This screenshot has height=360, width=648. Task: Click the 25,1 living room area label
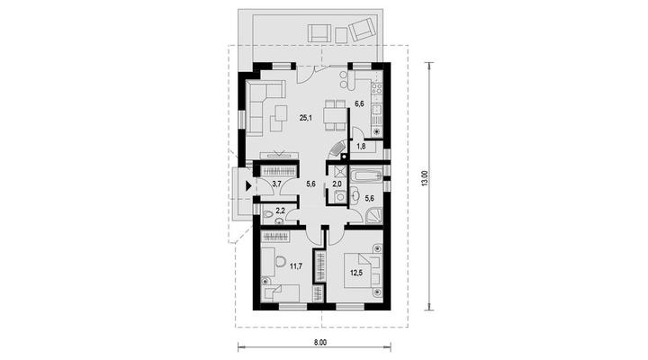tap(306, 118)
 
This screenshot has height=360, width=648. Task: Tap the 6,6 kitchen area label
tap(359, 103)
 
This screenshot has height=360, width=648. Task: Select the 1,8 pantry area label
tap(361, 146)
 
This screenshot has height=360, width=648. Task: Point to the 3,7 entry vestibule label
tap(277, 184)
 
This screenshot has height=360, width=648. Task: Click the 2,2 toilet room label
tap(280, 211)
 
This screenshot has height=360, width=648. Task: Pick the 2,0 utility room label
tap(337, 184)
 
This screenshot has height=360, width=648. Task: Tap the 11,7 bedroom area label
tap(295, 266)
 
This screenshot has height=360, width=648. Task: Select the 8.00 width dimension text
tap(320, 342)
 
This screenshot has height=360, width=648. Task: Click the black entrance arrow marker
tap(248, 186)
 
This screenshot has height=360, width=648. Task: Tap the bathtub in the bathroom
tap(366, 176)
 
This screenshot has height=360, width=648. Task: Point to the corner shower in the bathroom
tap(373, 215)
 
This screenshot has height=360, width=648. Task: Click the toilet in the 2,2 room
tap(268, 214)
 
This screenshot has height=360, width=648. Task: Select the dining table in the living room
tap(335, 115)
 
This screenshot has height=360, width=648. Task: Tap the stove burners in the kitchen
tap(377, 88)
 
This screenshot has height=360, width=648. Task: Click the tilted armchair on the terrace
tap(361, 30)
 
